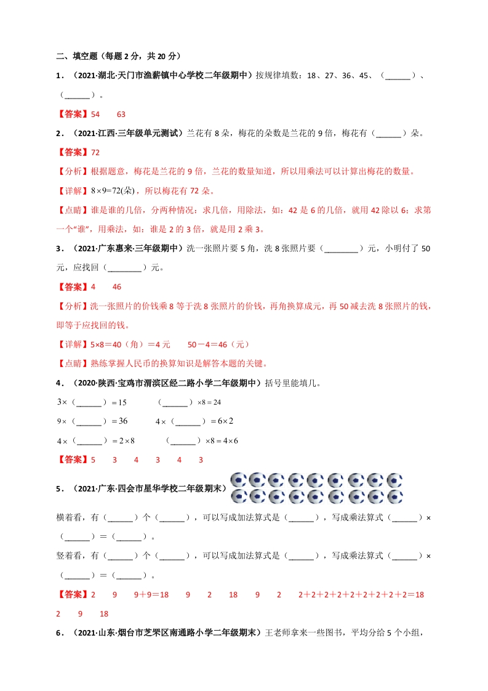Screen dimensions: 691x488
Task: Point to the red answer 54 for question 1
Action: tap(95, 114)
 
